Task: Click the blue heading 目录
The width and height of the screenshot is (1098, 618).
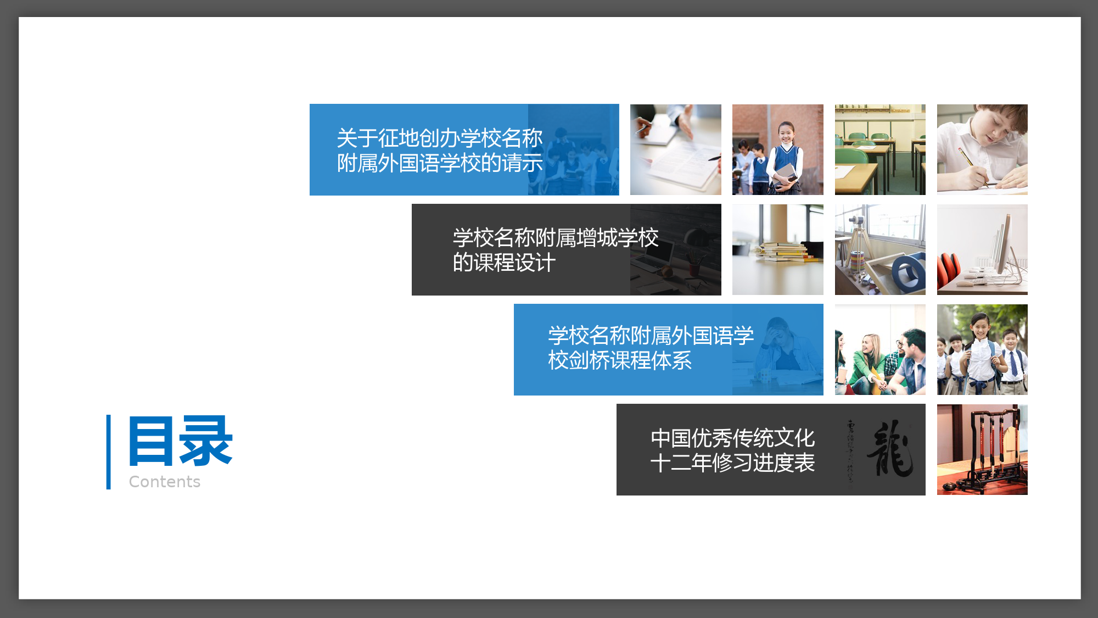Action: [x=181, y=441]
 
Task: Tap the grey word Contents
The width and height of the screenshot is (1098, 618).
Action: [x=165, y=482]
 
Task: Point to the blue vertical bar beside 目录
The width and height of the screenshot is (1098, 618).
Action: [x=109, y=452]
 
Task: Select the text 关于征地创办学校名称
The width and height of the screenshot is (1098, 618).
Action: [x=440, y=138]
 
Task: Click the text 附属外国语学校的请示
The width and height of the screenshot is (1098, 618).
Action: [x=440, y=163]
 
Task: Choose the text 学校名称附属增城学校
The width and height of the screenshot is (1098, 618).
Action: [x=556, y=238]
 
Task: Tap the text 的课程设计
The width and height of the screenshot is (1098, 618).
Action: [x=504, y=263]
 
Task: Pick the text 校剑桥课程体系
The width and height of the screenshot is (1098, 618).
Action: [x=620, y=360]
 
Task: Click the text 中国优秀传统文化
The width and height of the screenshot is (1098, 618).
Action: [x=733, y=438]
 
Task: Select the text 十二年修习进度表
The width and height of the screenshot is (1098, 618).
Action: [x=733, y=463]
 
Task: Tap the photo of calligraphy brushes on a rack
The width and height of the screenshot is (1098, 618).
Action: [x=982, y=450]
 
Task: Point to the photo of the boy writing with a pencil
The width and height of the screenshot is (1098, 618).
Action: [x=982, y=149]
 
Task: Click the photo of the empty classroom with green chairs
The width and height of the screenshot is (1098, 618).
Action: [x=880, y=149]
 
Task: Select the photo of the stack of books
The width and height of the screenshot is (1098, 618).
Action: [x=778, y=250]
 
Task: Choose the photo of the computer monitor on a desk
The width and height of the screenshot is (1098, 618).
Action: [x=982, y=250]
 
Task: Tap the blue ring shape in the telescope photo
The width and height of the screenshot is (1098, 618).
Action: [x=908, y=273]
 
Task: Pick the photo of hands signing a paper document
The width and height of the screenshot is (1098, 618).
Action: [x=676, y=149]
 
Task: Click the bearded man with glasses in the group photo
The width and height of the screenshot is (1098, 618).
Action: [x=911, y=360]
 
